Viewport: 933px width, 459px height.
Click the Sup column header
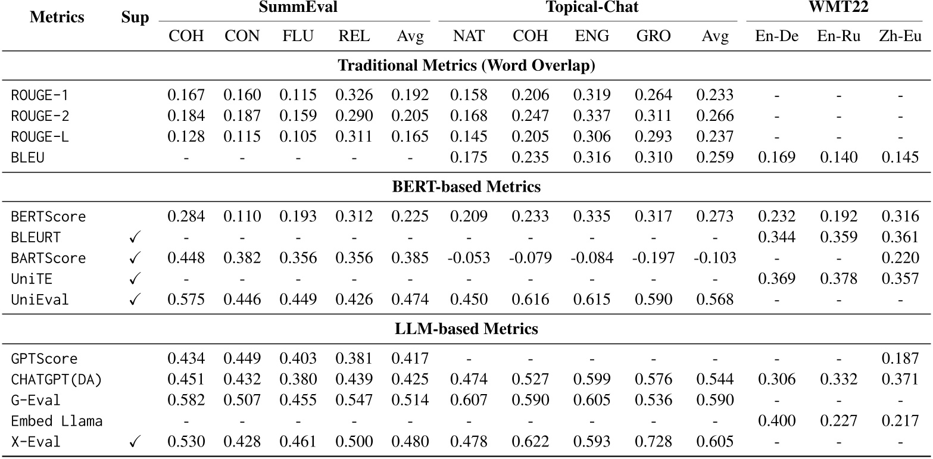(x=135, y=18)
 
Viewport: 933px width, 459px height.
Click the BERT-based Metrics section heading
(x=466, y=187)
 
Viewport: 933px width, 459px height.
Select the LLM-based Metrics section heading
(x=466, y=329)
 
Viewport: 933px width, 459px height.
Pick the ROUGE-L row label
(x=40, y=138)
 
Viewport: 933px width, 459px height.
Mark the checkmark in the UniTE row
(x=135, y=279)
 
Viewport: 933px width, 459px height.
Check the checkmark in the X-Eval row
(x=135, y=442)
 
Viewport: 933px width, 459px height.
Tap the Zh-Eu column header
(x=900, y=36)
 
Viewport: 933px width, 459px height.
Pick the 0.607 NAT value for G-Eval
(x=470, y=401)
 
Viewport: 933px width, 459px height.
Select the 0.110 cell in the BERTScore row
(x=242, y=217)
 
